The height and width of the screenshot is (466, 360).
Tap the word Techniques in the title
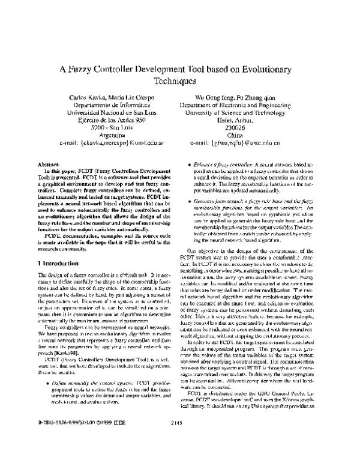(179, 81)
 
